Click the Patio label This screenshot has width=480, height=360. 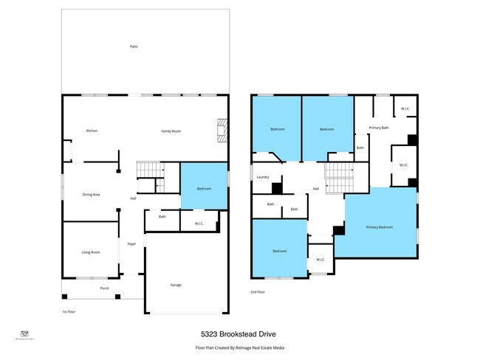tap(134, 46)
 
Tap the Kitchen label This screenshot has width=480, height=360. tap(92, 131)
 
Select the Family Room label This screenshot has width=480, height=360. tap(171, 131)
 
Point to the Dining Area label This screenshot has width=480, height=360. tap(91, 194)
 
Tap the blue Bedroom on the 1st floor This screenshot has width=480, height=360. tap(204, 189)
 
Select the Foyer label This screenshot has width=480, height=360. tap(131, 243)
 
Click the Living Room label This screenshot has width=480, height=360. tap(90, 252)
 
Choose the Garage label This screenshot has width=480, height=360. tap(176, 284)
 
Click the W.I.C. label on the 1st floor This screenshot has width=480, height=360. tap(199, 224)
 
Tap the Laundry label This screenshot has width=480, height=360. tap(262, 177)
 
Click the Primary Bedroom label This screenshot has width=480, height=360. tap(380, 227)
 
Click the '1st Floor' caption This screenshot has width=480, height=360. tap(69, 312)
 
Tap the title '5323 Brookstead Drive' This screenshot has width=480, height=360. tap(240, 333)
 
